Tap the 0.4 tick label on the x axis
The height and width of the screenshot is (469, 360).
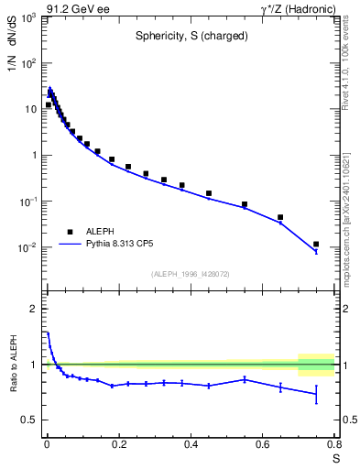pyautogui.click(x=191, y=445)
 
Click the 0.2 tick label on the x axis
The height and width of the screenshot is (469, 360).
pyautogui.click(x=118, y=445)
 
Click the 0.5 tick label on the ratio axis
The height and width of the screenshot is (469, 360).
pyautogui.click(x=30, y=420)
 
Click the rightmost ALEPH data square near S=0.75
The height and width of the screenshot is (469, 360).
pyautogui.click(x=316, y=245)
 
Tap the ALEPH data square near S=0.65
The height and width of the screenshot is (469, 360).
pyautogui.click(x=280, y=217)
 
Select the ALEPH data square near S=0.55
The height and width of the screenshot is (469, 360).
pyautogui.click(x=245, y=204)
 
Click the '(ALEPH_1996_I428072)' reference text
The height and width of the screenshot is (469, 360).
pyautogui.click(x=189, y=274)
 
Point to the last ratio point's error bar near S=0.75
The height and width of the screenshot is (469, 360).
pyautogui.click(x=316, y=394)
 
